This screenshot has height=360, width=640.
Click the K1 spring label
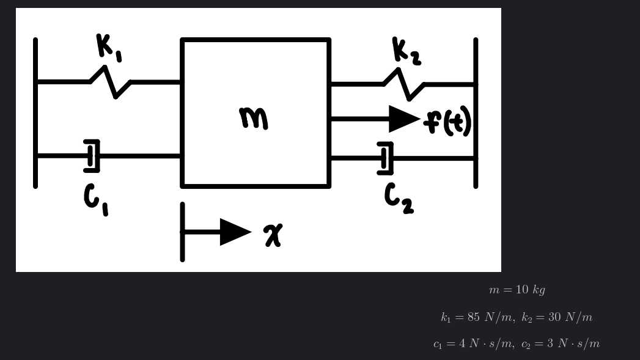(x=108, y=47)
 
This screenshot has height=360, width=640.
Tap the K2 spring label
(x=405, y=51)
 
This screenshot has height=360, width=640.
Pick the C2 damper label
(x=399, y=199)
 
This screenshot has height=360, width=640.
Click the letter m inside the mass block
(x=253, y=118)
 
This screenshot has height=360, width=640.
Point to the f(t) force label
(x=449, y=121)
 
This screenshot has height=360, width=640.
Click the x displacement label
(x=273, y=235)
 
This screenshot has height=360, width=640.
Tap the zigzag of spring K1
(x=111, y=82)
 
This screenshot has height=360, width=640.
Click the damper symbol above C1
(x=92, y=156)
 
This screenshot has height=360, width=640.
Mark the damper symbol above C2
(x=385, y=158)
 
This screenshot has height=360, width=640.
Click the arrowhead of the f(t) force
(x=403, y=119)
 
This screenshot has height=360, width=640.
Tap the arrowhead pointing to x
(x=235, y=232)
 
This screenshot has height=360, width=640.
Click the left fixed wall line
(x=35, y=113)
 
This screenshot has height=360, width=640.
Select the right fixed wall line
(x=476, y=113)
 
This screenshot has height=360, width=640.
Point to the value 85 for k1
(x=473, y=317)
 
